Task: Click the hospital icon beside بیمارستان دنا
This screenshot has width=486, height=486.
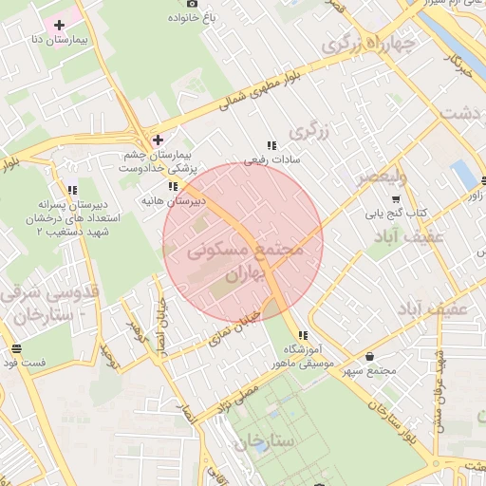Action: click(61, 24)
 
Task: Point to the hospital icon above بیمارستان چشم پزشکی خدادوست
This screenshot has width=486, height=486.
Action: click(158, 140)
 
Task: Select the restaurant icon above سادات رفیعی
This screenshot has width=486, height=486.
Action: click(271, 146)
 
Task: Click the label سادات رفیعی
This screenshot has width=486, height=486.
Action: click(267, 160)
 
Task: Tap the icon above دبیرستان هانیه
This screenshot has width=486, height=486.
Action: click(174, 187)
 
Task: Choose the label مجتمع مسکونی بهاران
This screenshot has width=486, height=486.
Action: click(244, 256)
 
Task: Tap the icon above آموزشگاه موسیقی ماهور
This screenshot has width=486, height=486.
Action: click(303, 335)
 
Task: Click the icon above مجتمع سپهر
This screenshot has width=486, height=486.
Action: click(369, 356)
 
